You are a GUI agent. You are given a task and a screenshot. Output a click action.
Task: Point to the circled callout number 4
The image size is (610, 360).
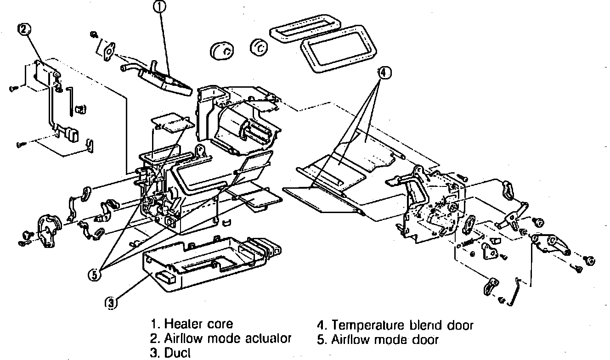[384, 72]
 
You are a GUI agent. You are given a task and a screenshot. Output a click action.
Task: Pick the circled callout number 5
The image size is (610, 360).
[95, 275]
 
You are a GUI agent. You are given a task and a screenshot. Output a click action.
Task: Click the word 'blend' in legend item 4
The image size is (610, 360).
[425, 326]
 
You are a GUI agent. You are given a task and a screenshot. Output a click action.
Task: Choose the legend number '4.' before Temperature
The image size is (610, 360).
[322, 326]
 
